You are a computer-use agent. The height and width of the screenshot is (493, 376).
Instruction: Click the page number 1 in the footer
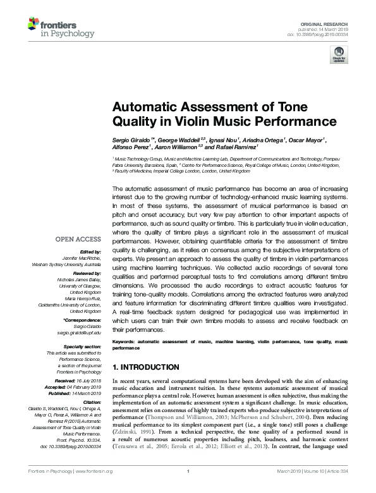pos(188,489)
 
